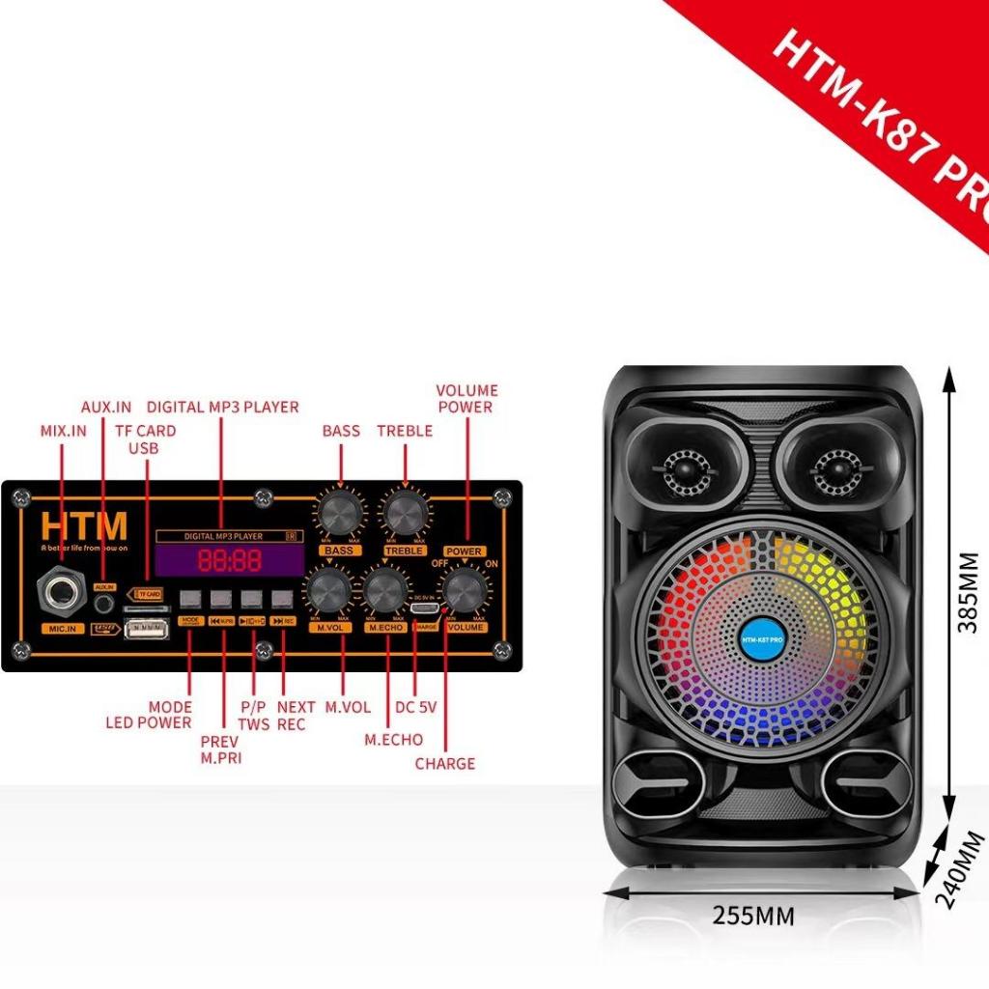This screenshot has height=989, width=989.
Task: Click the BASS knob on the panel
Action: click(x=341, y=509)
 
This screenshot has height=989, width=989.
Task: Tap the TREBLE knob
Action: click(x=405, y=509)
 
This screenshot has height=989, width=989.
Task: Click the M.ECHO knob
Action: click(x=384, y=590)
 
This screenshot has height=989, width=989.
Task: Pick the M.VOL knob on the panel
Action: click(x=328, y=590)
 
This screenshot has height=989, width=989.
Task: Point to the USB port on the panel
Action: click(x=146, y=630)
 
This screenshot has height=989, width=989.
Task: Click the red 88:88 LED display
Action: click(x=230, y=559)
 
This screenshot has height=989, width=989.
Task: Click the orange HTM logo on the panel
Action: click(x=84, y=526)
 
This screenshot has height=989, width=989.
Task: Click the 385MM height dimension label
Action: click(x=967, y=592)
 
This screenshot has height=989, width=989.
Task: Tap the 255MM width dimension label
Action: click(x=753, y=915)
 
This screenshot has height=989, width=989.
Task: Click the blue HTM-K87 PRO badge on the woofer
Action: click(x=763, y=638)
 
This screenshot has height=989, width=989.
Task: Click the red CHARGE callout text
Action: click(x=445, y=763)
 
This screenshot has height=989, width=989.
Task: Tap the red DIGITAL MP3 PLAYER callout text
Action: click(x=222, y=407)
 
